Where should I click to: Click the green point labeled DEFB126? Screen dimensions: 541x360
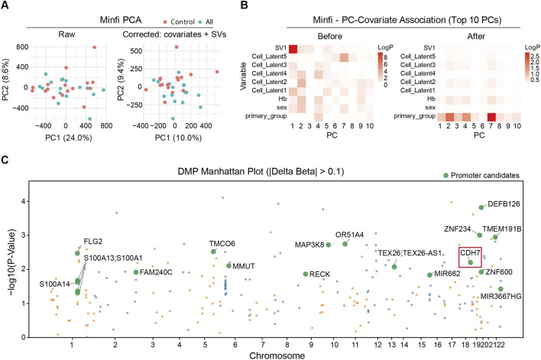(481, 207)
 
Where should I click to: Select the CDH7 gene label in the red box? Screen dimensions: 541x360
(470, 253)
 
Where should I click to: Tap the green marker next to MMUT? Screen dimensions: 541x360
(228, 266)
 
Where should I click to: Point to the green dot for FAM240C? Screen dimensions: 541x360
(136, 272)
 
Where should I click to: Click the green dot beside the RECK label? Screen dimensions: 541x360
(306, 274)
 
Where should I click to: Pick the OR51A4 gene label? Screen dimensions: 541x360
(349, 235)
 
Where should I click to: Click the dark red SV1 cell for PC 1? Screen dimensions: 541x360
(293, 49)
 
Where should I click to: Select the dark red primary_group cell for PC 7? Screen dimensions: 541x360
(491, 117)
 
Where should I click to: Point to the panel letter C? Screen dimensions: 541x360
(5, 160)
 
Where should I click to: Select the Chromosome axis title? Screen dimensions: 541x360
(277, 355)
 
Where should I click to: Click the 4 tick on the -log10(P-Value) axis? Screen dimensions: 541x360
(24, 201)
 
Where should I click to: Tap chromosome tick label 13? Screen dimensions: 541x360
(391, 345)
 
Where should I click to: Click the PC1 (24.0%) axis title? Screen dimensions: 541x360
(69, 138)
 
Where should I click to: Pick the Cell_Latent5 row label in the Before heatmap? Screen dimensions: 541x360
(269, 57)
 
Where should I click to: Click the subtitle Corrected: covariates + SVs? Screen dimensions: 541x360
(174, 34)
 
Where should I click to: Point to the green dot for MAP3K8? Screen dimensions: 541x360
(329, 245)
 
